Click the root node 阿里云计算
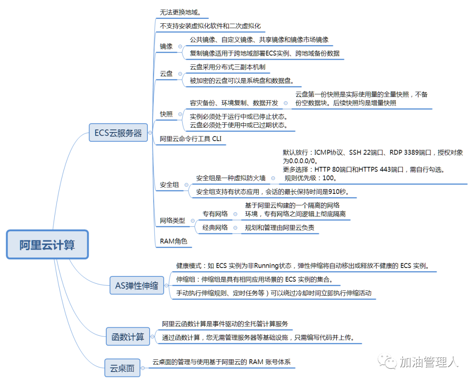pyautogui.click(x=47, y=244)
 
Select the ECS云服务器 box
pyautogui.click(x=118, y=133)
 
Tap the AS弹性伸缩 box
pyautogui.click(x=136, y=285)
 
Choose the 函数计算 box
pyautogui.click(x=128, y=336)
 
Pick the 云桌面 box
pyautogui.click(x=122, y=368)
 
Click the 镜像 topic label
pyautogui.click(x=166, y=46)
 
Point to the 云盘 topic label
pyautogui.click(x=166, y=74)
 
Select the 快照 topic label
pyautogui.click(x=166, y=114)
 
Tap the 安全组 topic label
pyautogui.click(x=169, y=185)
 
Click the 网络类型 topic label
pyautogui.click(x=172, y=220)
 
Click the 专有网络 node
pyautogui.click(x=215, y=214)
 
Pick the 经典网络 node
pyautogui.click(x=215, y=228)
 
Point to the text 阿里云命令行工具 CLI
pyautogui.click(x=191, y=139)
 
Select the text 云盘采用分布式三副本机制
pyautogui.click(x=227, y=67)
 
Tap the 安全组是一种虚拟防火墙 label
pyautogui.click(x=231, y=178)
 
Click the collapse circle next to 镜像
pyautogui.click(x=180, y=46)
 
